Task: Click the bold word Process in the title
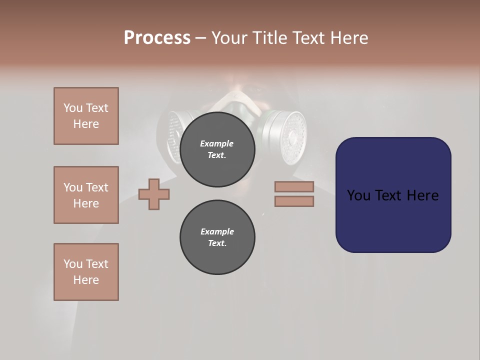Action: (x=157, y=38)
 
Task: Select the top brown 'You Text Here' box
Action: (x=86, y=116)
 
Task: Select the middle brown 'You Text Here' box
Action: (x=86, y=195)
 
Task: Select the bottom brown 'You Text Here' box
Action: (x=86, y=272)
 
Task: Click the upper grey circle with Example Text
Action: (x=217, y=149)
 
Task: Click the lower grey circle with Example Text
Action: (x=217, y=237)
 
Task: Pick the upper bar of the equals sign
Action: (x=294, y=187)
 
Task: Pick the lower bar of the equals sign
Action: (x=294, y=201)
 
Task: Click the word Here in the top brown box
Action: (x=86, y=124)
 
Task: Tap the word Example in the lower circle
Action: (x=217, y=231)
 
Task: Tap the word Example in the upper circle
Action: (x=217, y=143)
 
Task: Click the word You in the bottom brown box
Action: (x=73, y=264)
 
